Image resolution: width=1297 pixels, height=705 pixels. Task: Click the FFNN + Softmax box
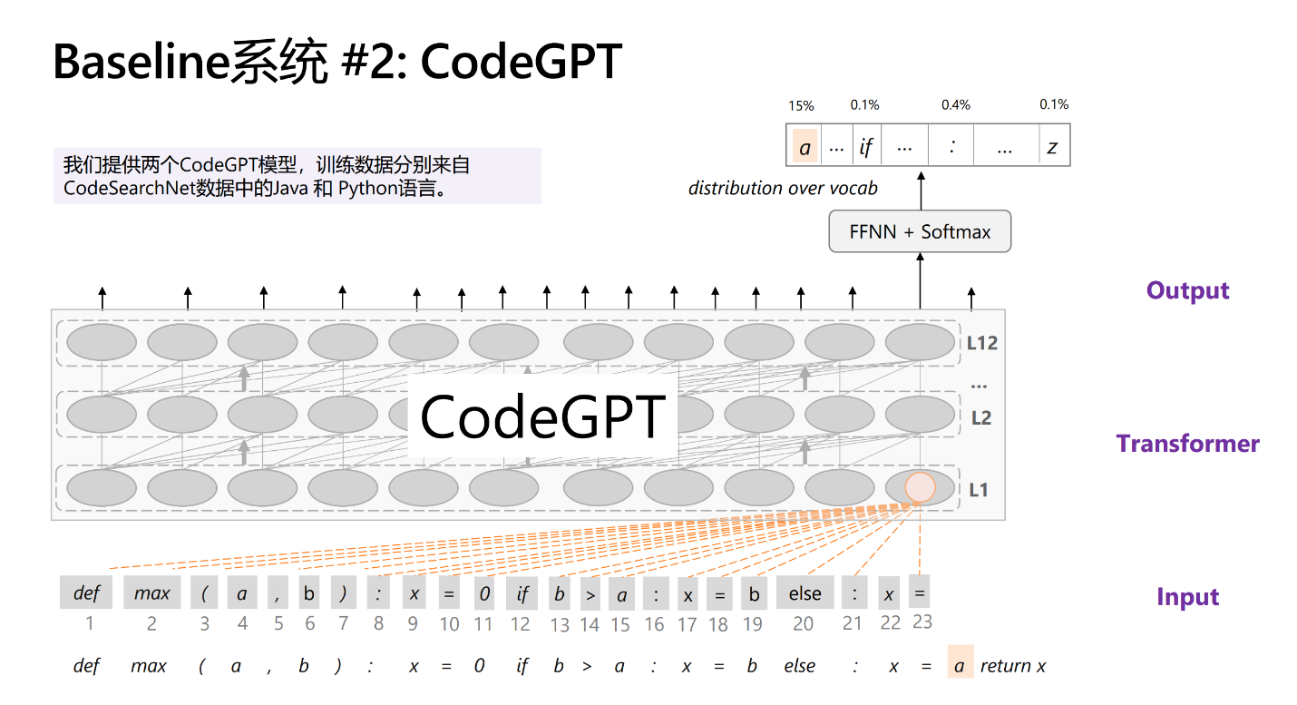pos(920,231)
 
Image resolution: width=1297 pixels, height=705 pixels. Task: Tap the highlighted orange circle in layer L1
pos(920,487)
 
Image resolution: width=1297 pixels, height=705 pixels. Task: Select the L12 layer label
pos(981,343)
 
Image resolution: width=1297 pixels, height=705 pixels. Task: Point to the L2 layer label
pos(981,418)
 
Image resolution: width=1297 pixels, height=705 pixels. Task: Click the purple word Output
pos(1187,290)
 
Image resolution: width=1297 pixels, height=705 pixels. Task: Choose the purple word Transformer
pos(1187,444)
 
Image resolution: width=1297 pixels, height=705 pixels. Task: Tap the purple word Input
pos(1187,597)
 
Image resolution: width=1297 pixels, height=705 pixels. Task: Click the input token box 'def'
pos(86,593)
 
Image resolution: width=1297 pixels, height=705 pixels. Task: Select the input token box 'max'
pos(151,593)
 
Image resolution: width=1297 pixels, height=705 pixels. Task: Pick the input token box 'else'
pos(805,593)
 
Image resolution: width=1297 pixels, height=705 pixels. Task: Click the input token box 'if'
pos(522,593)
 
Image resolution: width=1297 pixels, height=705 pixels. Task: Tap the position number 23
pos(922,622)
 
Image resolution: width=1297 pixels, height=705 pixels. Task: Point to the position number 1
pos(89,623)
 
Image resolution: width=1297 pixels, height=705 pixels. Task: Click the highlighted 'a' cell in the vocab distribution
pos(805,147)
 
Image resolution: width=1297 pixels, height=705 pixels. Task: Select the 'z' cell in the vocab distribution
pos(1052,147)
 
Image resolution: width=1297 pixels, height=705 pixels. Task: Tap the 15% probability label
pos(801,105)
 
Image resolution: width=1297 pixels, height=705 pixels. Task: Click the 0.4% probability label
pos(955,105)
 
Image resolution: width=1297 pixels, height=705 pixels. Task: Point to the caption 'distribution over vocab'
pos(783,188)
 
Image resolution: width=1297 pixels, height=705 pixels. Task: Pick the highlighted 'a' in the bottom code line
pos(960,666)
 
